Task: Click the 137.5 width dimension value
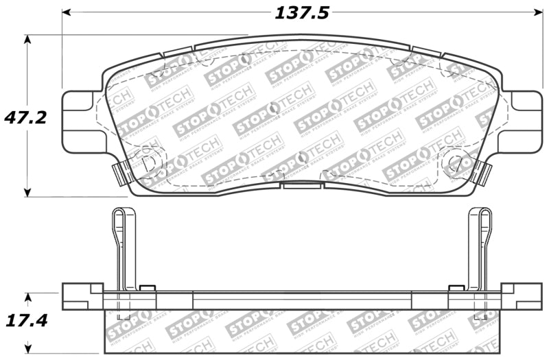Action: coord(303,12)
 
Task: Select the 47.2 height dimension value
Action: coord(27,117)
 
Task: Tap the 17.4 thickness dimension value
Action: coord(27,321)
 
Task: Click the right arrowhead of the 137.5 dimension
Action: coord(537,13)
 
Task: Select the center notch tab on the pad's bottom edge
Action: coord(301,184)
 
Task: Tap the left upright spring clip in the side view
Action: coord(121,247)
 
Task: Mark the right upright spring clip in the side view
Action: coord(480,247)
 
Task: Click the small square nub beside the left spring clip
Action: coord(146,288)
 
